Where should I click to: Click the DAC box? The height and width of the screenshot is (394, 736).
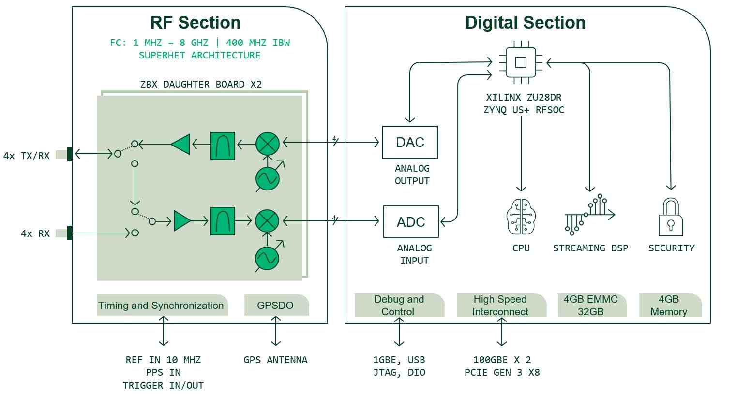coord(410,142)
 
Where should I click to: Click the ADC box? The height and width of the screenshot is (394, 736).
coord(411,221)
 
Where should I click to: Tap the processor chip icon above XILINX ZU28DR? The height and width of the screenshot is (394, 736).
coord(521,62)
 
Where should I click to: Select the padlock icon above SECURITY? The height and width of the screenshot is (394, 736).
coord(671,217)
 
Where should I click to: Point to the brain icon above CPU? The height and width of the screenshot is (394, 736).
coord(521,217)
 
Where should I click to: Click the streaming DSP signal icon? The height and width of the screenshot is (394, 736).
coord(590,214)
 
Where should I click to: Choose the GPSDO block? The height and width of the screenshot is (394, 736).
coord(276,306)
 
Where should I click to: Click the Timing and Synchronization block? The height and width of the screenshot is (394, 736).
coord(162,306)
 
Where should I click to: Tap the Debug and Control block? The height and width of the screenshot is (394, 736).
coord(399,306)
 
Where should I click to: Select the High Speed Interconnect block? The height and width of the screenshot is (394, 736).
coord(501,306)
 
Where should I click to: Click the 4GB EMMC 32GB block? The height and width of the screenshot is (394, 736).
coord(592,306)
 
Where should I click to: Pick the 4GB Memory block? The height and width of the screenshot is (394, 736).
coord(670,306)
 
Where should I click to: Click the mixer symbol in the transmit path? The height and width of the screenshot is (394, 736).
coord(268,144)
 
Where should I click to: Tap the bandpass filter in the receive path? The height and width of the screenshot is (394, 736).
coord(223,221)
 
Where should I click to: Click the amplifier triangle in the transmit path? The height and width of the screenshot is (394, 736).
coord(180,144)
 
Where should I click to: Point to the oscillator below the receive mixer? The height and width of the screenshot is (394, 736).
coord(267,259)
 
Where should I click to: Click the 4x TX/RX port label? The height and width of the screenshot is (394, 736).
coord(26,156)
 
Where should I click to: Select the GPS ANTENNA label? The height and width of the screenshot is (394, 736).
coord(275,360)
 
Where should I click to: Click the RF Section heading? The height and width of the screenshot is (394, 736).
coord(195,23)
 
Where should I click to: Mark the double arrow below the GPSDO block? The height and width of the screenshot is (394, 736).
coord(276,331)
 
